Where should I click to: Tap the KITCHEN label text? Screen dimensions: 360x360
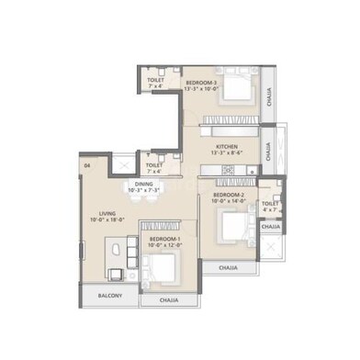[228, 146]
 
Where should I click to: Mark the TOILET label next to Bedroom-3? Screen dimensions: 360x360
[155, 80]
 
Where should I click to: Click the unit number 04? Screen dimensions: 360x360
[86, 165]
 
